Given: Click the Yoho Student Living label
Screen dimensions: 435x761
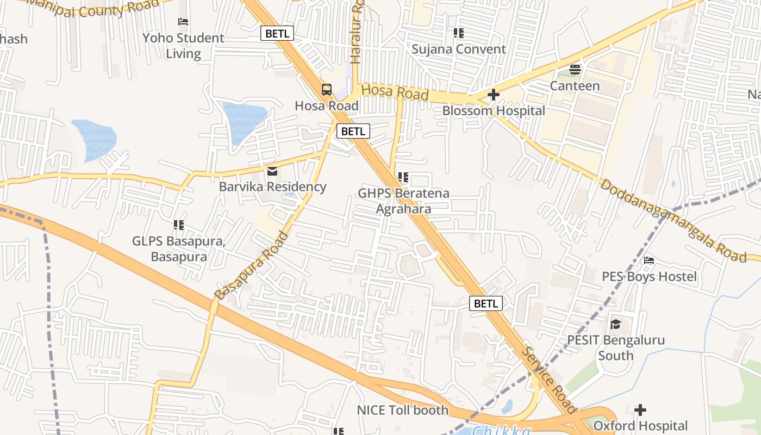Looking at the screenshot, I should coord(183,46).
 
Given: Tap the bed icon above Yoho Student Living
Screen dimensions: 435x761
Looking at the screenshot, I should coord(183,22).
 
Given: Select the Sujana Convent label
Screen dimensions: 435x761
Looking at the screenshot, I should coord(458,49).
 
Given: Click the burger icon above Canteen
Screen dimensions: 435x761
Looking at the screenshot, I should coord(575,70).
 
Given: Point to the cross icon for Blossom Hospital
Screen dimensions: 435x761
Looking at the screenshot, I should coord(494,95).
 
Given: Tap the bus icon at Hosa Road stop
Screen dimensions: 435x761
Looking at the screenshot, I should coord(327,90).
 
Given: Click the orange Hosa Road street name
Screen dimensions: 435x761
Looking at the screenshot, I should coord(395,92).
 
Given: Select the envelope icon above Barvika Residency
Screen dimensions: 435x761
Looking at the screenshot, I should coord(272,171).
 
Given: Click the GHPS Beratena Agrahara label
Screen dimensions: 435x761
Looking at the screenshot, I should coord(403,201).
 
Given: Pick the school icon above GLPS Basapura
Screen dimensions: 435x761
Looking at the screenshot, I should coord(178,225).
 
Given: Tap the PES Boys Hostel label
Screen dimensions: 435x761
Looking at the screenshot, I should coord(649,277).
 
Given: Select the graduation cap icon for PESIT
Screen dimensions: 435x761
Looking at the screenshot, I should coord(615,325).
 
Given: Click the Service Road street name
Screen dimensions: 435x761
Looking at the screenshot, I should coord(548,380).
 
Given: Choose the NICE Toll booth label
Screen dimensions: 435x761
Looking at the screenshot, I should coord(402,410).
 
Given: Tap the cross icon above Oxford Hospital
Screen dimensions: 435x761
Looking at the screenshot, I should coord(640,409).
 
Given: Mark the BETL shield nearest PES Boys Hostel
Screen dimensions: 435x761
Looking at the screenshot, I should coord(486,303).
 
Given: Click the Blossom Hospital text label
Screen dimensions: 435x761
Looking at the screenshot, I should coord(493,111).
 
